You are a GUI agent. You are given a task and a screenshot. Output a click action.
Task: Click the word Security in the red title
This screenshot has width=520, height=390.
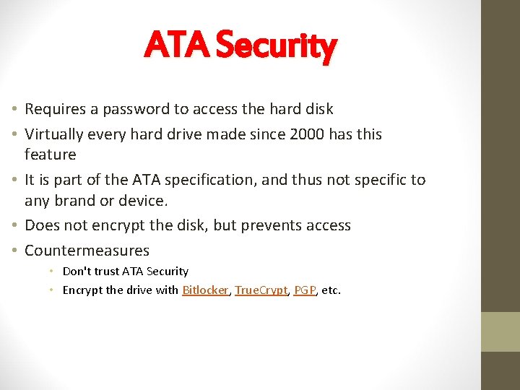pos(276,45)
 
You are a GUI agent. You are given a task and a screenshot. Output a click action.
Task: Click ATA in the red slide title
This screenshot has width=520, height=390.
pos(177,45)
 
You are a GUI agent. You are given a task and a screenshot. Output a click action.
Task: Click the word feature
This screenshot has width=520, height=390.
pos(50,155)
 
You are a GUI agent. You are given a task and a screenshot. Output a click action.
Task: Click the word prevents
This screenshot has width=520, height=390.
pos(271,225)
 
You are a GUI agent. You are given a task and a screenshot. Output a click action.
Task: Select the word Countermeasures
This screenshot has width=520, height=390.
pos(87,251)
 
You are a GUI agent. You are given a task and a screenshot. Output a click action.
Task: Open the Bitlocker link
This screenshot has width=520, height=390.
pos(206,290)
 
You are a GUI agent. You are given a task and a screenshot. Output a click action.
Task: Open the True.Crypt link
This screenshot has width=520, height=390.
pos(261,290)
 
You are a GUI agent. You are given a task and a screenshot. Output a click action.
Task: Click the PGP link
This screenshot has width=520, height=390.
pos(305,290)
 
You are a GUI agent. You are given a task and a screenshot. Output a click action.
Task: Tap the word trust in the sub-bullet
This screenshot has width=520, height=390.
pos(105,272)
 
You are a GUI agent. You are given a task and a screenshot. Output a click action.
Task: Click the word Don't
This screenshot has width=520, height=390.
pos(76,272)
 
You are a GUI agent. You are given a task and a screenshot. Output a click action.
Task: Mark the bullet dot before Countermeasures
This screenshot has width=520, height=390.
pos(15,251)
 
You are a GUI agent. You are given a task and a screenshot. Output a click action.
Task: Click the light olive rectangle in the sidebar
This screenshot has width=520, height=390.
pos(500,331)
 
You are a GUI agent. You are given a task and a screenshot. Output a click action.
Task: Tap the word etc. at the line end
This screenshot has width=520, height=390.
pos(331,290)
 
